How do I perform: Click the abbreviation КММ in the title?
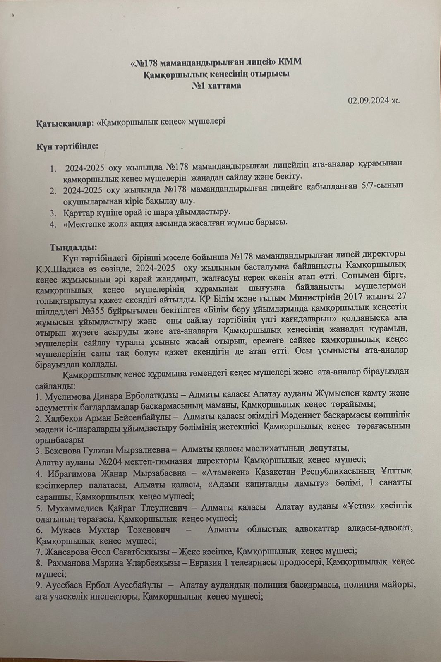(291, 62)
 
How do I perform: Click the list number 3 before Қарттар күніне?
(53, 213)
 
